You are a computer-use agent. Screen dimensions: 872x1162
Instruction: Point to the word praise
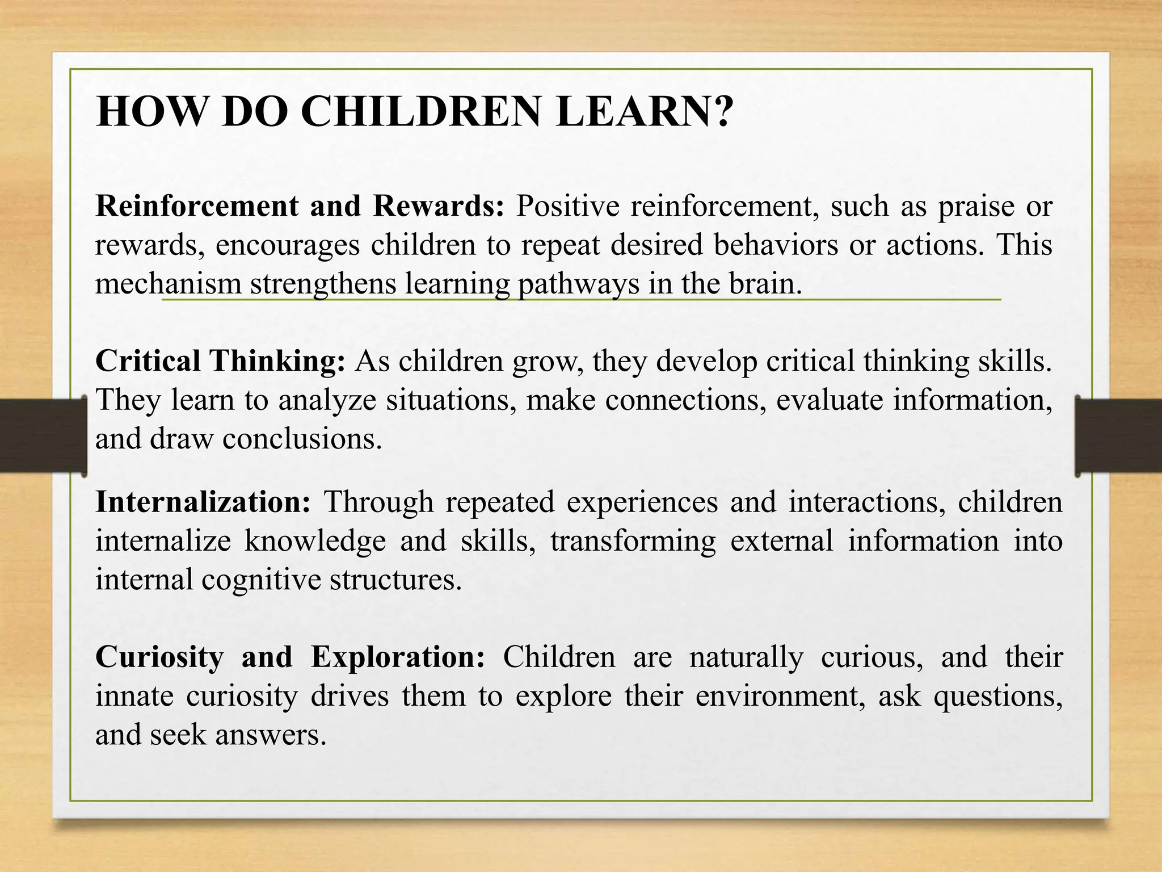(x=976, y=206)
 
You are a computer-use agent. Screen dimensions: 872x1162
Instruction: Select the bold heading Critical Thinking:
(x=220, y=361)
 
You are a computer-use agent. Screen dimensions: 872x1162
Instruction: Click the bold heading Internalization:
(x=203, y=502)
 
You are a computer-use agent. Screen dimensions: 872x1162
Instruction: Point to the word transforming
(x=633, y=541)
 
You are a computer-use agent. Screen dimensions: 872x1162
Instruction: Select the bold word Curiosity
(x=159, y=657)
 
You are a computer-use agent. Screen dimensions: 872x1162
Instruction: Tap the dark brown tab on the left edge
(x=43, y=435)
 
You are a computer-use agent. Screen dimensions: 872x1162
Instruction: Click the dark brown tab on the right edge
(x=1118, y=435)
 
